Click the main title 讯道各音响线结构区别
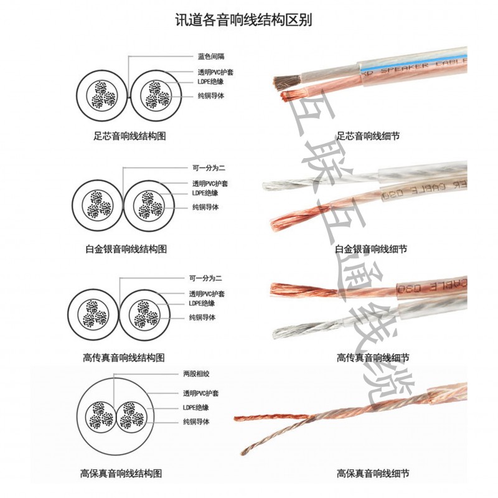pos(244,20)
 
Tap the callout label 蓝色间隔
pos(211,57)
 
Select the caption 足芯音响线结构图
pos(129,136)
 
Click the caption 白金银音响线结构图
pos(126,249)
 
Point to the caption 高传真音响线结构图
pos(124,358)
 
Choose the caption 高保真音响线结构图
pos(121,474)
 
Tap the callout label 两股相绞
pos(196,374)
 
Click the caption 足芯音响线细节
pos(368,136)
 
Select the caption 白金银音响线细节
pos(371,249)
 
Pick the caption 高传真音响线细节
pos(373,358)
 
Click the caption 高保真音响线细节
pos(373,474)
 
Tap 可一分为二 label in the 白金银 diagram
pos(209,168)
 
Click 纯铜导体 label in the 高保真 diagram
pos(196,422)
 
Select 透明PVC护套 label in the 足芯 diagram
pos(215,72)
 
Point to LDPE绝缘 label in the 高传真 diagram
pos(202,303)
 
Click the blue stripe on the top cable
pos(413,64)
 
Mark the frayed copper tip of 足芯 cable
pos(291,95)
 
